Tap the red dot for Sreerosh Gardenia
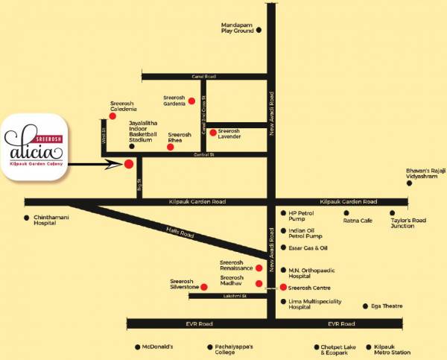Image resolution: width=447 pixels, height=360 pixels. (x=191, y=100)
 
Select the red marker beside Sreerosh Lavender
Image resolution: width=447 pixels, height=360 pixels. (x=212, y=133)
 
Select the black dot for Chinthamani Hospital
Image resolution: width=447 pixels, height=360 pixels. (x=28, y=218)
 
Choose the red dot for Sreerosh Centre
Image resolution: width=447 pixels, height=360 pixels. (x=282, y=287)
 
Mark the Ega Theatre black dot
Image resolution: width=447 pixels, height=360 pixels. (x=365, y=306)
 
